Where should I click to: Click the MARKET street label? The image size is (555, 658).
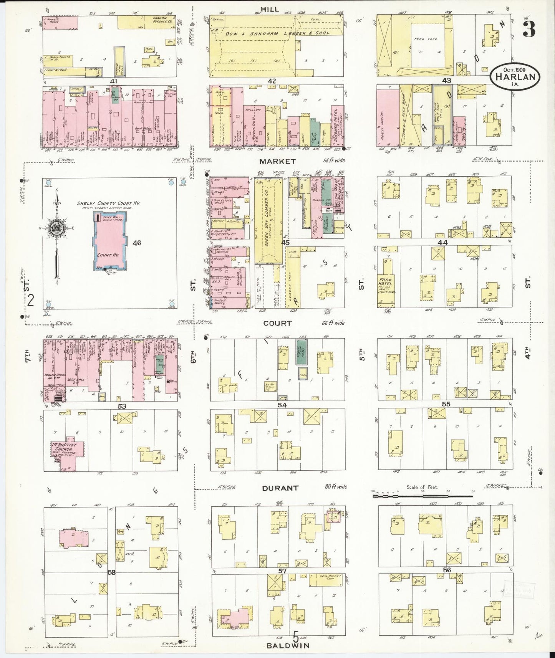coord(277,161)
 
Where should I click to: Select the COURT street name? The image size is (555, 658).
coord(277,323)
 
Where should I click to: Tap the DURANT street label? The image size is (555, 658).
coord(280,488)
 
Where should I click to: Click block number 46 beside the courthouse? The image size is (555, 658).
coord(137,243)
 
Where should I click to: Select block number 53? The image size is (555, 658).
coord(122,405)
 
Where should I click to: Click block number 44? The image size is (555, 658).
coord(442,243)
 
